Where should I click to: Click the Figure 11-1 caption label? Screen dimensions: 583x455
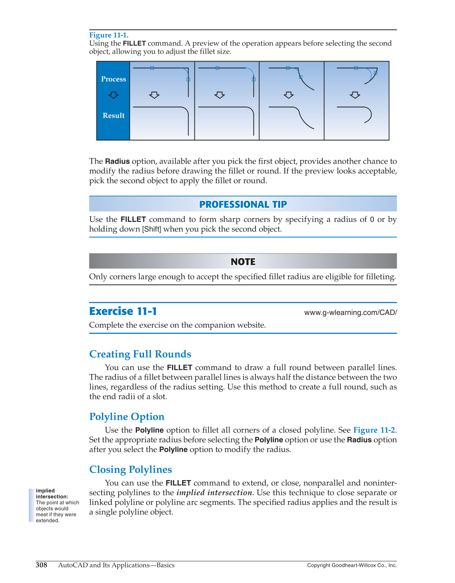[x=109, y=35]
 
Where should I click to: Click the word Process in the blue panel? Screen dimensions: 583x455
[x=113, y=79]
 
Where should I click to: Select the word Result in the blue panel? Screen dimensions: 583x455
[x=113, y=115]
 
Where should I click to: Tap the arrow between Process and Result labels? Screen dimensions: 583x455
[x=113, y=95]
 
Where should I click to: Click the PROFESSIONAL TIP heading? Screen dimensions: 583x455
[x=243, y=204]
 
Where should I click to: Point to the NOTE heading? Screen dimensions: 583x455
[x=243, y=262]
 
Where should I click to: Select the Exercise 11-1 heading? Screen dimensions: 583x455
[x=123, y=311]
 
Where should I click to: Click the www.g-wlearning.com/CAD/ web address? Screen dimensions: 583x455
[x=350, y=313]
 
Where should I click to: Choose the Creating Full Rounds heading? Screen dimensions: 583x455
[x=140, y=354]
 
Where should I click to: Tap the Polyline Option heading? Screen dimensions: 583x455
[x=127, y=417]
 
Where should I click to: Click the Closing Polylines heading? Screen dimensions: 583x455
[x=130, y=469]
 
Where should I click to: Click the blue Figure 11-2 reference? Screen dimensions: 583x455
[x=374, y=430]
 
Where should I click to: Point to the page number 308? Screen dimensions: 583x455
[x=41, y=565]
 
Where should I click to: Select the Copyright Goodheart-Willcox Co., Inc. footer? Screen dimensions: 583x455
[x=352, y=565]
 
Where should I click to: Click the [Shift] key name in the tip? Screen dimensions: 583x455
[x=152, y=229]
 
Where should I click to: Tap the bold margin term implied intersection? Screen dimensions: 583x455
[x=52, y=494]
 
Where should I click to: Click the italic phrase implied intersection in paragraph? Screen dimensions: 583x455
[x=214, y=493]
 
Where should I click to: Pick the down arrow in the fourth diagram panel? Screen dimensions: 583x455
[x=355, y=95]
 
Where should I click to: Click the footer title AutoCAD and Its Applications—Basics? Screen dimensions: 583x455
[x=116, y=565]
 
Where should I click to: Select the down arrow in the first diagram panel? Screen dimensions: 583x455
[x=154, y=95]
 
